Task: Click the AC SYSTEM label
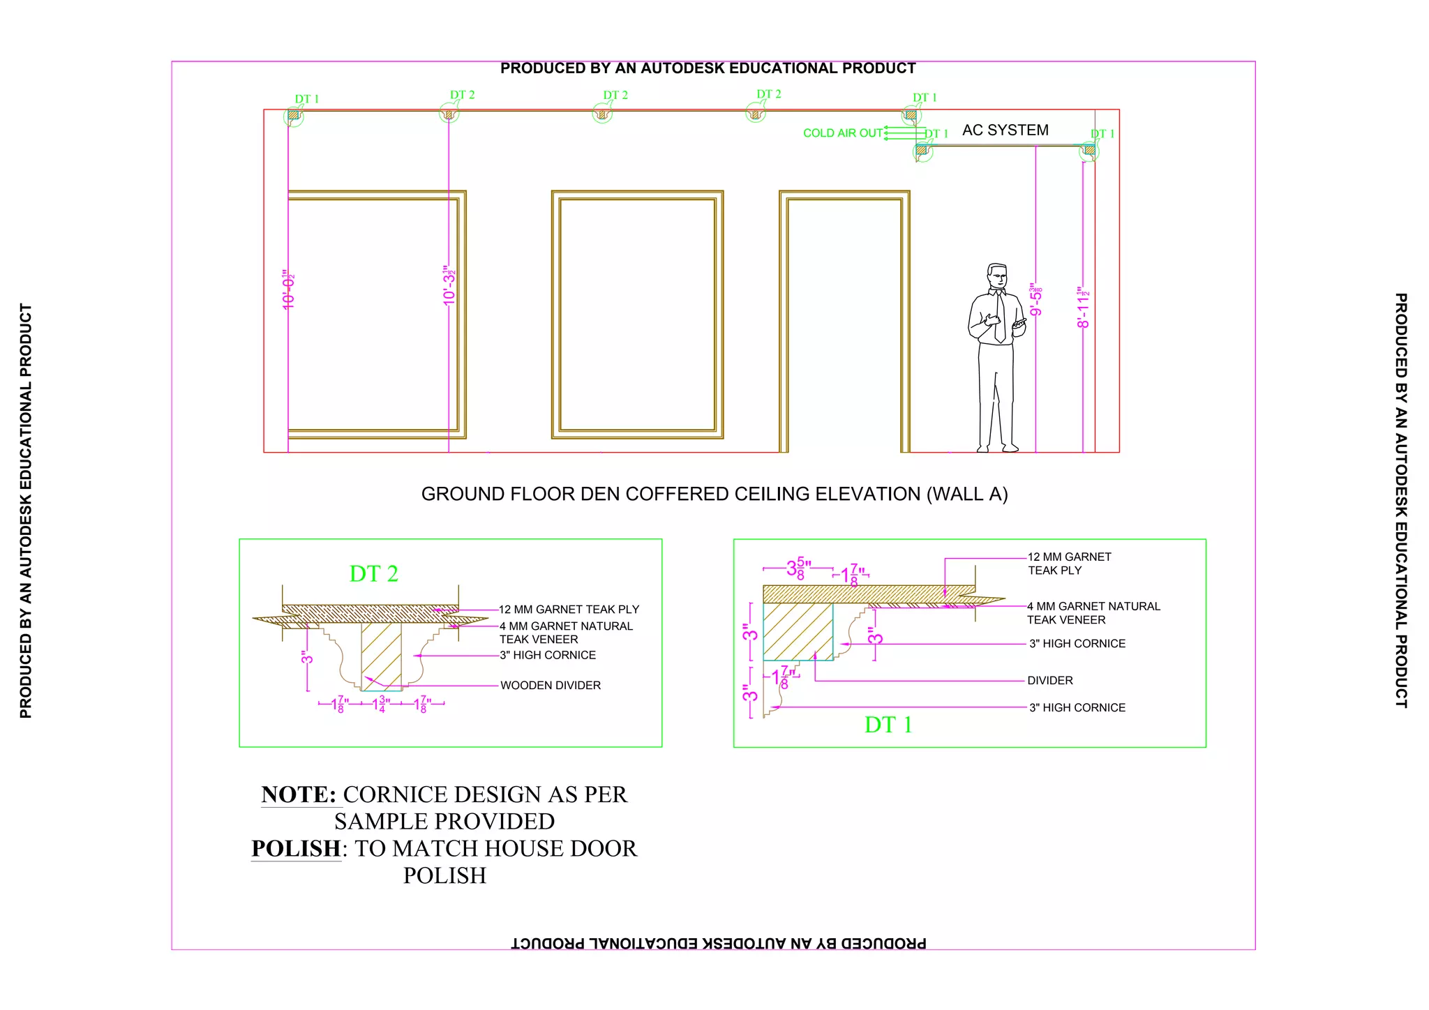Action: [x=1005, y=130]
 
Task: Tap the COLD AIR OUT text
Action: [x=842, y=133]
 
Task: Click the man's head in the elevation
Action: [x=997, y=276]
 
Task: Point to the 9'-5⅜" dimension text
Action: [x=1036, y=300]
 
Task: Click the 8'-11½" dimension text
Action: [x=1083, y=308]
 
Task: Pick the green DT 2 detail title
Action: [x=373, y=574]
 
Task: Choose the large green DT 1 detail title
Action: [x=888, y=725]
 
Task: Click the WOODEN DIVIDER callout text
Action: [x=551, y=686]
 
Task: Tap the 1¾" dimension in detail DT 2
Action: [x=381, y=704]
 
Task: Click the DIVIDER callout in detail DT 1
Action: [x=1050, y=681]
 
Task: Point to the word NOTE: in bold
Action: [x=299, y=794]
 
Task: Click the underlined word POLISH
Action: [x=296, y=849]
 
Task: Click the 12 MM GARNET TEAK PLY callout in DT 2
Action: [x=569, y=610]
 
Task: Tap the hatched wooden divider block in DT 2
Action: [x=381, y=653]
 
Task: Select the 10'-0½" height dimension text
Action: [x=289, y=289]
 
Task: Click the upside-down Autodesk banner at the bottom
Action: [x=719, y=943]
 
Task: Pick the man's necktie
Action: [x=1000, y=317]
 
